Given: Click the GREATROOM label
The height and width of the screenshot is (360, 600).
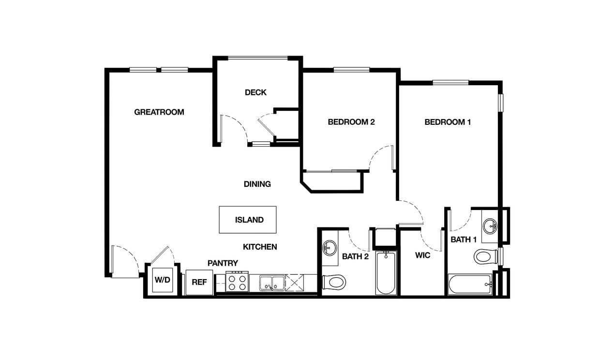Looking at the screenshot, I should (159, 112).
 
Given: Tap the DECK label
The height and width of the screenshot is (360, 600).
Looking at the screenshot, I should (255, 92).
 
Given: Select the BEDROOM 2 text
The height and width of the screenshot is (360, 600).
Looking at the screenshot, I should (351, 122).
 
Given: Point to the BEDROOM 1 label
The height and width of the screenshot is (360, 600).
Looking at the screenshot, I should (448, 122).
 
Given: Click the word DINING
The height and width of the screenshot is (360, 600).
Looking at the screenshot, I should (257, 184).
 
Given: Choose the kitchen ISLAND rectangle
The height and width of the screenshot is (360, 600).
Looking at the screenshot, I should (248, 220).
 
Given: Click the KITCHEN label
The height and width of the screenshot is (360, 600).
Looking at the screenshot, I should (260, 247).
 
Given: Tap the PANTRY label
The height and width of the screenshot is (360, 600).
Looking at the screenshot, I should (223, 263).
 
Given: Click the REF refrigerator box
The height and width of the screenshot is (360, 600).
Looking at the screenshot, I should (199, 282).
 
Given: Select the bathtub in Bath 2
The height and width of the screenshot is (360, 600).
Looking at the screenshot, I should (386, 273).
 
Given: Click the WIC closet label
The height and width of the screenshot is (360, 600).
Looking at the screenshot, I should (422, 255).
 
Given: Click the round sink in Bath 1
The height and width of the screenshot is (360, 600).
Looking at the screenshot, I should (490, 226).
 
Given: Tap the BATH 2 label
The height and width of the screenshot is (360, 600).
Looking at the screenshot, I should (355, 256).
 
